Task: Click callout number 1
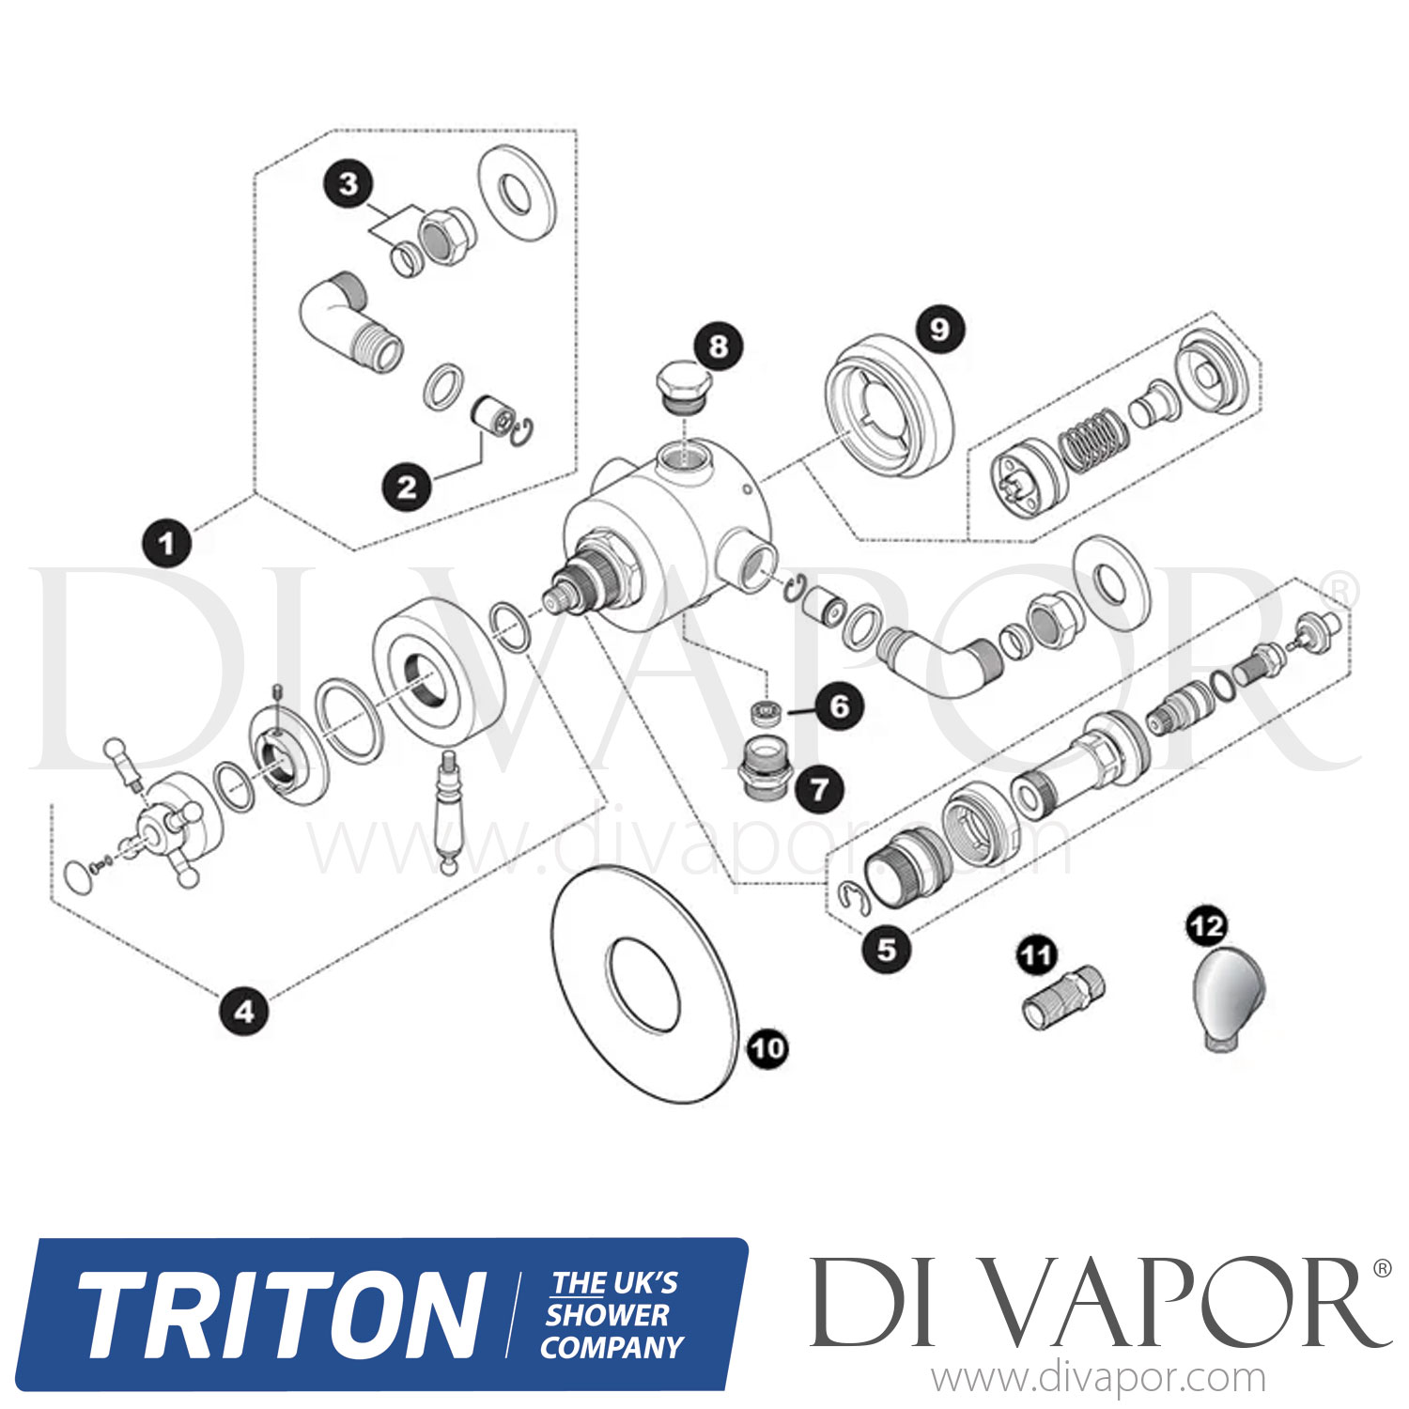pos(166,543)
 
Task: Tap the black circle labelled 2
pos(406,487)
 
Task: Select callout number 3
pos(348,184)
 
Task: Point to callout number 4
pos(244,1012)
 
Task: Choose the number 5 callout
pos(887,950)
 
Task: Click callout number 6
pos(839,705)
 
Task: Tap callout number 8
pos(719,347)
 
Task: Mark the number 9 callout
pos(939,329)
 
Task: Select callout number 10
pos(767,1047)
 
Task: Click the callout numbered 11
pos(1036,956)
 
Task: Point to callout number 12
pos(1207,927)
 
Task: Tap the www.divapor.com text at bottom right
pos(1098,1379)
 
